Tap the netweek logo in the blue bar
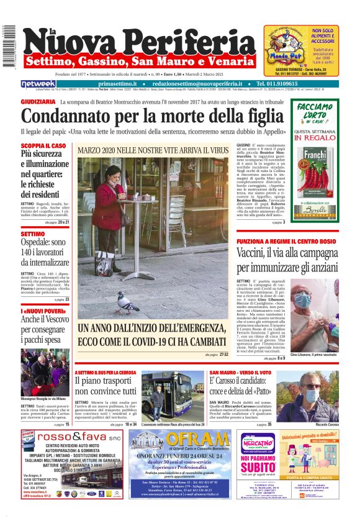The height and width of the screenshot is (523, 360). pos(38,83)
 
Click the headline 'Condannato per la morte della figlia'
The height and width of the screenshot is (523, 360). pos(151,116)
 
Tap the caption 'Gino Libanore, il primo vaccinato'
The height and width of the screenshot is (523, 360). pos(313,353)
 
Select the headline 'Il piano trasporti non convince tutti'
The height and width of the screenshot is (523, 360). pos(105,385)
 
